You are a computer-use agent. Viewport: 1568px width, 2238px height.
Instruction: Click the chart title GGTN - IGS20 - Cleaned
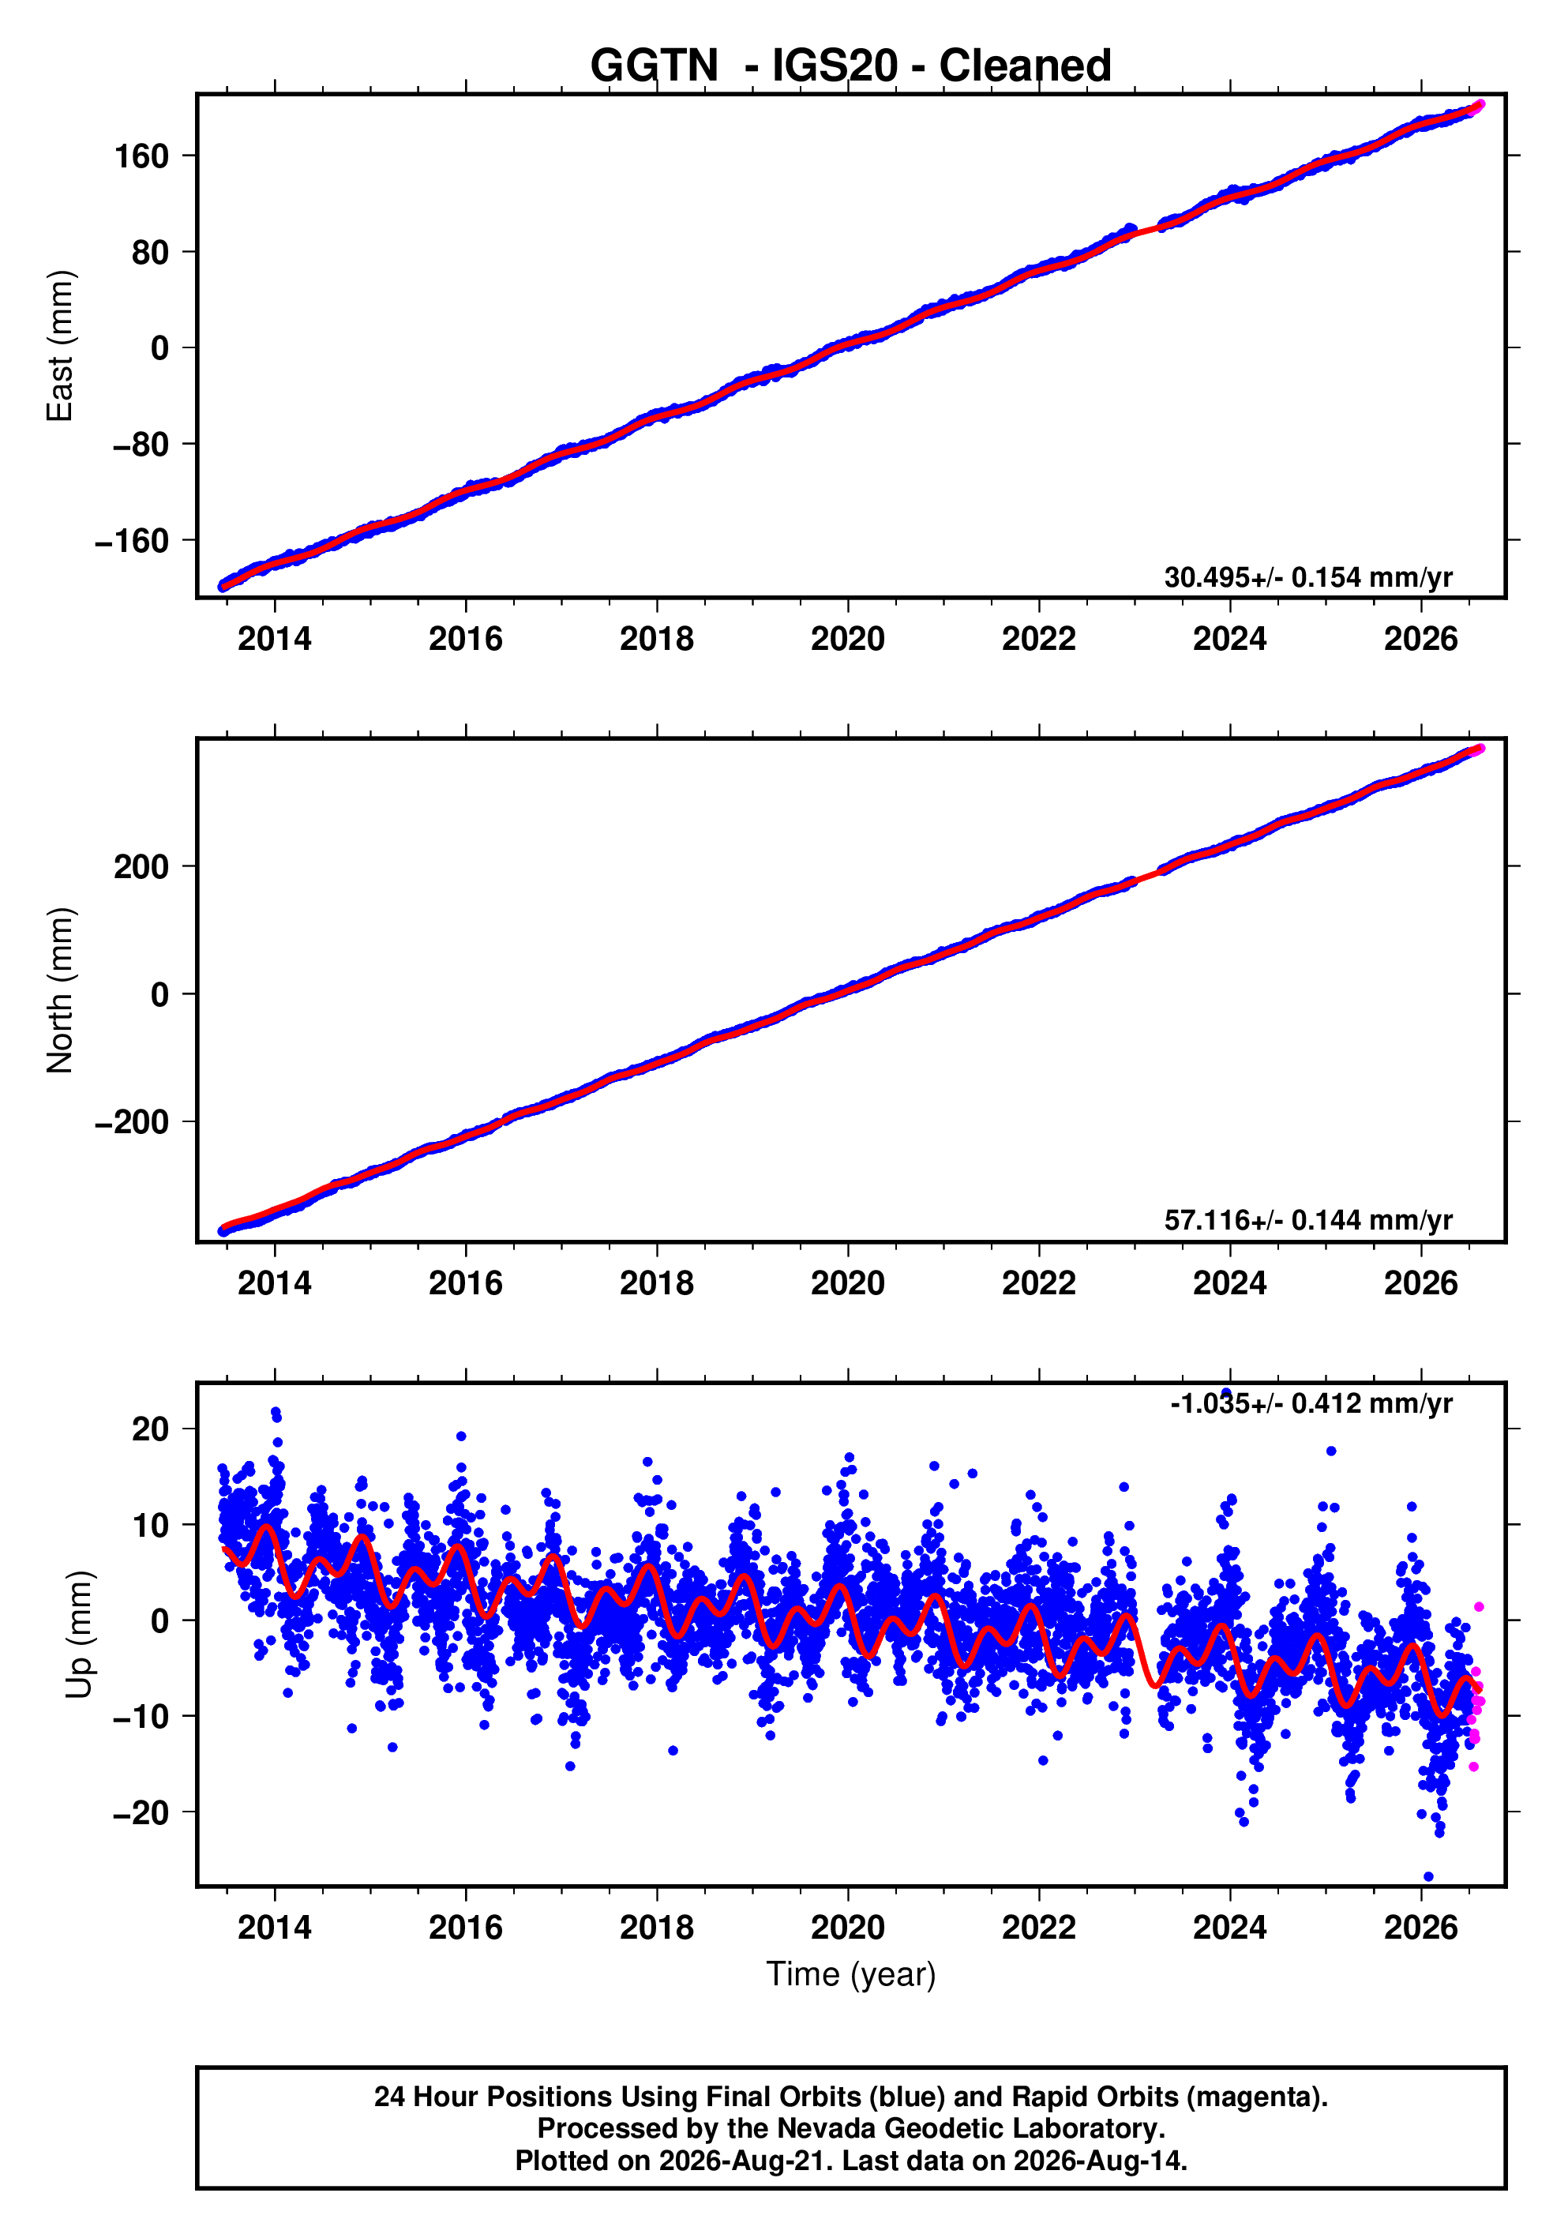(x=851, y=66)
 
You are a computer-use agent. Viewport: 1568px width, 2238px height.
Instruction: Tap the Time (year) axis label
(x=851, y=1973)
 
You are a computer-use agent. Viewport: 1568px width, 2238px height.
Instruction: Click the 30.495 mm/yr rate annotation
(x=1307, y=577)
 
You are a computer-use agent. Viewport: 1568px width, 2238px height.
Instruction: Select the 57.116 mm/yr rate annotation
(x=1307, y=1219)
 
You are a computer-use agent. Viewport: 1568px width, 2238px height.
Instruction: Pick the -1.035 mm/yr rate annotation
(x=1311, y=1403)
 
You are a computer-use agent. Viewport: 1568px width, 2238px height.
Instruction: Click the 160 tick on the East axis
(x=141, y=156)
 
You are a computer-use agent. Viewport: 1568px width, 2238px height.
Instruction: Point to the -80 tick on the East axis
(x=141, y=445)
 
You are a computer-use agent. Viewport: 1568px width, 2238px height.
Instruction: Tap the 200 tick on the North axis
(x=141, y=866)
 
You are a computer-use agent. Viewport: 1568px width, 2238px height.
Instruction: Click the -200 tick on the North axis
(x=132, y=1122)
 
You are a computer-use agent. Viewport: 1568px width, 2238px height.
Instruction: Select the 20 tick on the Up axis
(x=150, y=1430)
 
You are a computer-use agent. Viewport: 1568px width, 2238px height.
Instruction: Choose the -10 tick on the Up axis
(x=141, y=1717)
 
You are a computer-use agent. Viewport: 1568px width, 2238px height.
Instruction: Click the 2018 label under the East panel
(x=657, y=640)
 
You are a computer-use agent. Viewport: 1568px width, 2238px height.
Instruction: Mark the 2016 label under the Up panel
(x=466, y=1927)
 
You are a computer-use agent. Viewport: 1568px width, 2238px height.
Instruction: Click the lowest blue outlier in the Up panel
(x=1428, y=1876)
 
